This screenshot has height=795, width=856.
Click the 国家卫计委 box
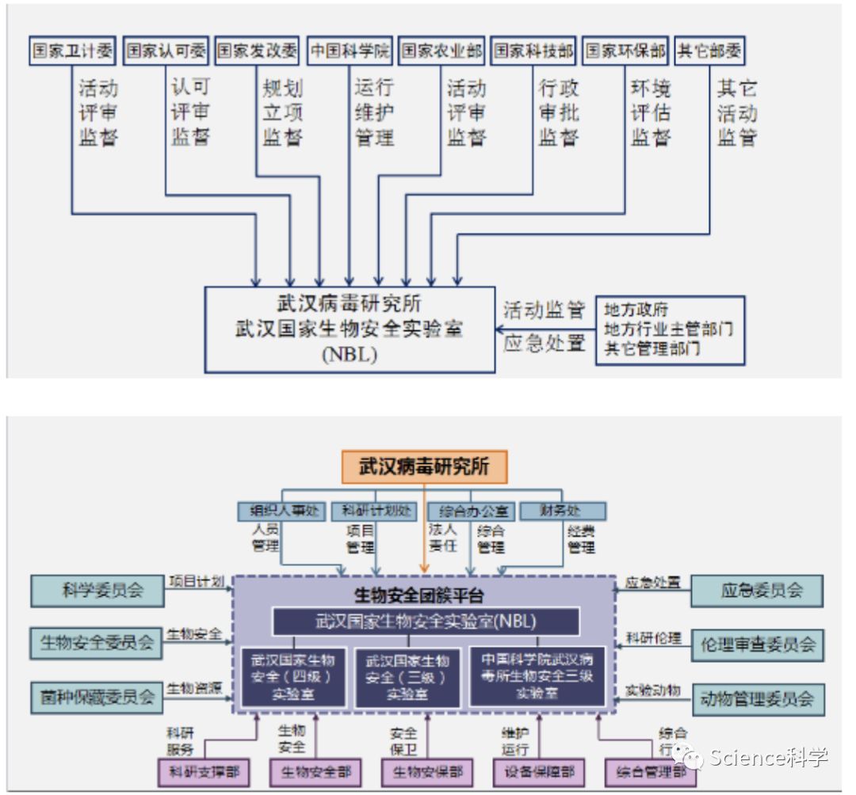(71, 51)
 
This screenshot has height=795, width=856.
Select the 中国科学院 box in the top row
(350, 51)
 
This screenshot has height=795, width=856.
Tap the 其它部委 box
(709, 51)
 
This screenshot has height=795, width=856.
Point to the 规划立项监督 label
(282, 112)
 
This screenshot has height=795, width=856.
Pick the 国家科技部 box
(533, 51)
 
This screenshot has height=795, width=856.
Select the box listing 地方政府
(670, 329)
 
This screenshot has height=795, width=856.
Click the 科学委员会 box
(97, 591)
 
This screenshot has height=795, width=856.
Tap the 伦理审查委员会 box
(757, 645)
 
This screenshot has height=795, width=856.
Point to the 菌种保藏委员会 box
(97, 697)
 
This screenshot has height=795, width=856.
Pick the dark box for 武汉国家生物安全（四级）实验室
(293, 676)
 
